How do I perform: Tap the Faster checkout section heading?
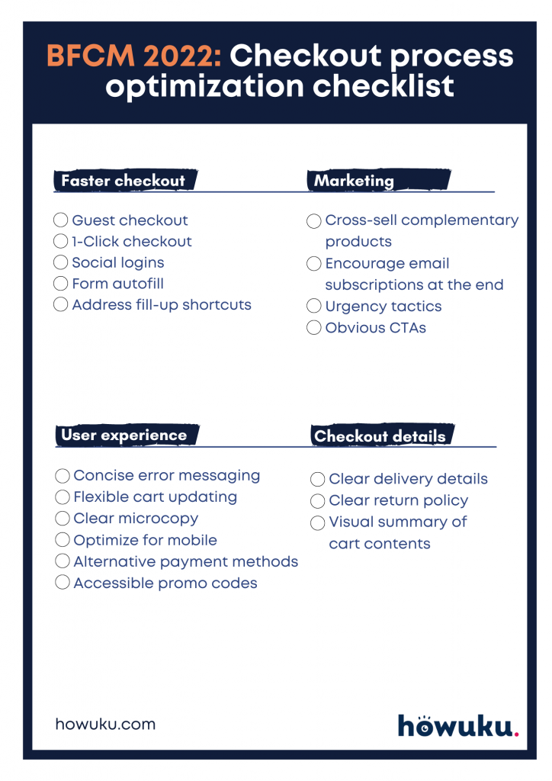click(x=123, y=181)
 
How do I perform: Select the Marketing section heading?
click(x=355, y=181)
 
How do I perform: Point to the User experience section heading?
click(x=124, y=435)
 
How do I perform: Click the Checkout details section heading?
click(x=380, y=436)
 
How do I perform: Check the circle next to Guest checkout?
click(x=61, y=220)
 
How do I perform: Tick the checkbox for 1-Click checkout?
click(x=61, y=242)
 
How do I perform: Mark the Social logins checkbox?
click(x=61, y=263)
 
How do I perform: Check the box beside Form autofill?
click(x=61, y=284)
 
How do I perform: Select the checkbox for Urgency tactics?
click(x=313, y=307)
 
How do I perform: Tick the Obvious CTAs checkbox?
click(x=313, y=329)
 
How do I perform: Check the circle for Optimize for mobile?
click(x=63, y=541)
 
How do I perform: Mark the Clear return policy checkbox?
click(x=317, y=501)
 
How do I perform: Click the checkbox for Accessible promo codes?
click(x=63, y=583)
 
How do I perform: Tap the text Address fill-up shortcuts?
click(x=162, y=305)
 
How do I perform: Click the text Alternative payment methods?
click(x=186, y=562)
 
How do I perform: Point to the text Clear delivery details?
click(x=408, y=480)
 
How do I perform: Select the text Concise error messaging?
click(x=167, y=476)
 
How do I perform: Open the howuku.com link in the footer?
click(x=105, y=724)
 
